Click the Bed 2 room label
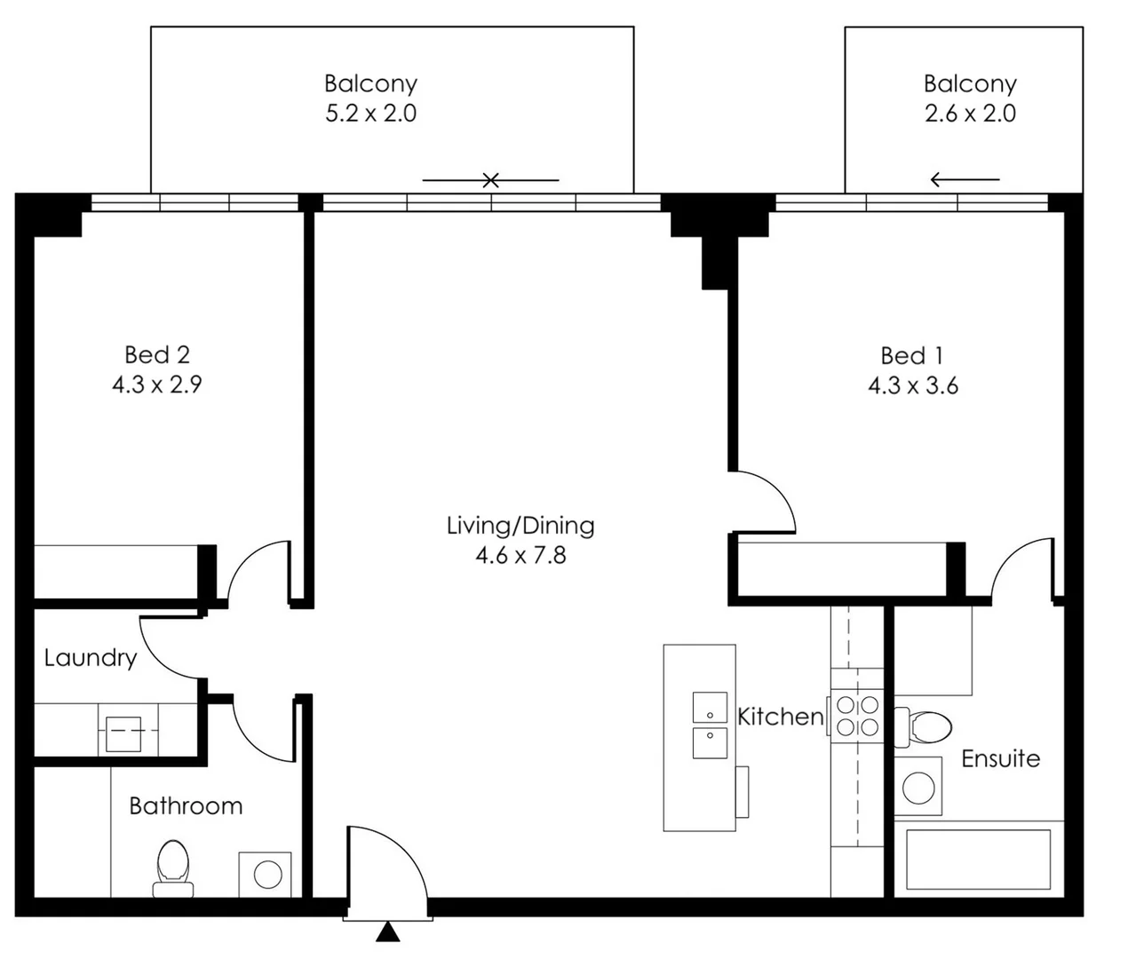pyautogui.click(x=157, y=355)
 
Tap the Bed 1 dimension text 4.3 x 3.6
pyautogui.click(x=912, y=385)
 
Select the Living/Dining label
pyautogui.click(x=520, y=526)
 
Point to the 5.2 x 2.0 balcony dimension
pyautogui.click(x=370, y=114)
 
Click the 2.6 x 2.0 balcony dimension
pyautogui.click(x=970, y=114)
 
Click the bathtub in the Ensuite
pyautogui.click(x=978, y=859)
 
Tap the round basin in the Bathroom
pyautogui.click(x=267, y=875)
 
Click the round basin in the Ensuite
pyautogui.click(x=917, y=785)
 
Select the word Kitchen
pyautogui.click(x=781, y=717)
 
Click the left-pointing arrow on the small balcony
pyautogui.click(x=964, y=180)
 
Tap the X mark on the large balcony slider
pyautogui.click(x=490, y=180)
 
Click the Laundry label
pyautogui.click(x=91, y=658)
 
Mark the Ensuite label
pyautogui.click(x=1000, y=758)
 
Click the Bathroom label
pyautogui.click(x=186, y=806)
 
